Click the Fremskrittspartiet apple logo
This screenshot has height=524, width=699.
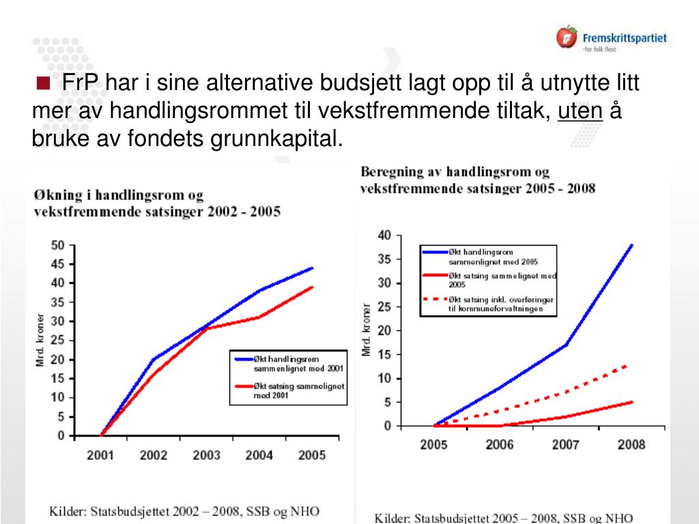567,37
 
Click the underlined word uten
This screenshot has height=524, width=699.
581,111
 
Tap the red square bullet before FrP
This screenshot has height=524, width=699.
44,84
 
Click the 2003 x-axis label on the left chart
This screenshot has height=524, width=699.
206,455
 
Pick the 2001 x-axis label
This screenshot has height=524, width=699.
100,455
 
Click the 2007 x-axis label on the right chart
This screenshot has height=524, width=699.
565,445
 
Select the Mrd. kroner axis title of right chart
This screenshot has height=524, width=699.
367,330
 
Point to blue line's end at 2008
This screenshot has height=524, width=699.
632,244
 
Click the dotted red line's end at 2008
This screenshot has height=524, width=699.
627,366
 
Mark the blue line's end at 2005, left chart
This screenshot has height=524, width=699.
313,267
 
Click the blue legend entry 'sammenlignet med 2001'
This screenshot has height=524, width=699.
287,363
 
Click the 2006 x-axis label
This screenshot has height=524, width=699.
500,445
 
